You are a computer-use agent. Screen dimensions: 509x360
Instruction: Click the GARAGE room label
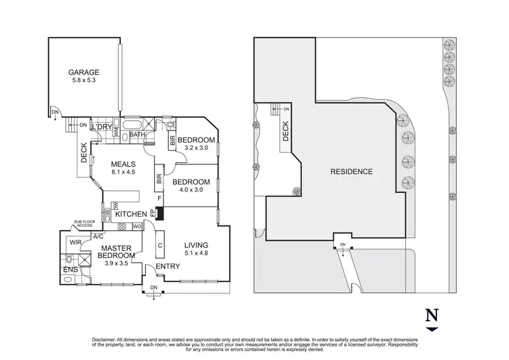pyautogui.click(x=83, y=72)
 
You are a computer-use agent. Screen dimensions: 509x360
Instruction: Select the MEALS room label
pyautogui.click(x=124, y=164)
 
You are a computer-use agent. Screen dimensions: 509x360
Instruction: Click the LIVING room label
pyautogui.click(x=195, y=245)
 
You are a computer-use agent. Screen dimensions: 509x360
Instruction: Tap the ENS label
pyautogui.click(x=70, y=271)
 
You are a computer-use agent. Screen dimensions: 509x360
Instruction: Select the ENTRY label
pyautogui.click(x=167, y=266)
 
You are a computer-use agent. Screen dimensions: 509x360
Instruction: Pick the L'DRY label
pyautogui.click(x=102, y=127)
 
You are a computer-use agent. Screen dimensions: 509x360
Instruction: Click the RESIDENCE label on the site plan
pyautogui.click(x=351, y=171)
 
